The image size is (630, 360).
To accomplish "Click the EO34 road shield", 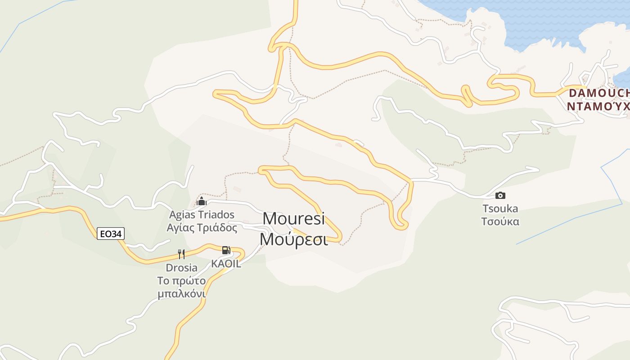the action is pyautogui.click(x=111, y=234).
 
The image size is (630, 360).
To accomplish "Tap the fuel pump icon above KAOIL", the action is pyautogui.click(x=226, y=250).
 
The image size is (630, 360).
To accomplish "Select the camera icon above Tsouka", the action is pyautogui.click(x=500, y=195).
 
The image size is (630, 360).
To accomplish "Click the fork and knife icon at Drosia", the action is pyautogui.click(x=181, y=254).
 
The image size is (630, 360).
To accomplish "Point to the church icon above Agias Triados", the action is pyautogui.click(x=202, y=201).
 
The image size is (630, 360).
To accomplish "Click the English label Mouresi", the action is pyautogui.click(x=293, y=219).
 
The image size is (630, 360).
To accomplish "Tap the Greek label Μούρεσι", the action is pyautogui.click(x=293, y=239).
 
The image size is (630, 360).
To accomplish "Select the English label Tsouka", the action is pyautogui.click(x=500, y=209).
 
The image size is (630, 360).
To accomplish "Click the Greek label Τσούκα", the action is pyautogui.click(x=500, y=221).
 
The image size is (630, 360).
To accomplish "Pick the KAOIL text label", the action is pyautogui.click(x=226, y=264).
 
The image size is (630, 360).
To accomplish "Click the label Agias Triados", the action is pyautogui.click(x=202, y=214).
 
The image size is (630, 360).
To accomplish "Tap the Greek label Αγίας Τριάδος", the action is pyautogui.click(x=202, y=228).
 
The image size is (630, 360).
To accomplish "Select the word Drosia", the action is pyautogui.click(x=181, y=268).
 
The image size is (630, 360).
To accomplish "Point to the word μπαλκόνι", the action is pyautogui.click(x=181, y=294).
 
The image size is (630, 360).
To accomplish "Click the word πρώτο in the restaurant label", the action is pyautogui.click(x=189, y=281).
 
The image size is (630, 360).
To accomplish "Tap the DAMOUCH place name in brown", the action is pyautogui.click(x=598, y=93).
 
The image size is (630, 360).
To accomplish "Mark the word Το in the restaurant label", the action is pyautogui.click(x=163, y=281).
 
